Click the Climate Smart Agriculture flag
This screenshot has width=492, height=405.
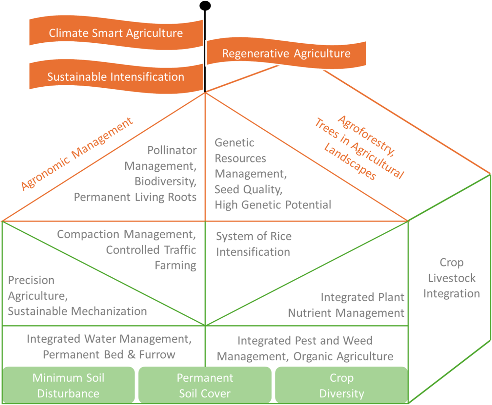point(116,33)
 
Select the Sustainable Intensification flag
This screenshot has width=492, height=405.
point(116,77)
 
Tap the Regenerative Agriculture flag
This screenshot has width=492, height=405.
point(286,53)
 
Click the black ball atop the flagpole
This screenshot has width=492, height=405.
point(205,6)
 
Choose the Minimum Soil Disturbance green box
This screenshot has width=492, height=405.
point(68,385)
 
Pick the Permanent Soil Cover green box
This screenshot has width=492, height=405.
point(205,385)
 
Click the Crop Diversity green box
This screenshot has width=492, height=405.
point(341,385)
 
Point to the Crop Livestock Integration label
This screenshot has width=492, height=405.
point(452,278)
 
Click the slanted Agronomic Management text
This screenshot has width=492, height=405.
point(77,154)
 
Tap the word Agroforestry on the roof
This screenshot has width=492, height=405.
point(366,135)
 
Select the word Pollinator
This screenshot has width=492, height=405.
point(172,150)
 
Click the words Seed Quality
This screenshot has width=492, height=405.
point(248,189)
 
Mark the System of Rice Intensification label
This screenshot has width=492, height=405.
point(254,244)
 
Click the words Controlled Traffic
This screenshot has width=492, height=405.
point(151,250)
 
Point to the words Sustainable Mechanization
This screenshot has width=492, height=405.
point(77,311)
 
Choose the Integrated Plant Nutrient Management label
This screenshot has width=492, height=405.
point(346,305)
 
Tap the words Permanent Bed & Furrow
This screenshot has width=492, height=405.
point(109,355)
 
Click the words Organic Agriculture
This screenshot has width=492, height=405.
point(343,356)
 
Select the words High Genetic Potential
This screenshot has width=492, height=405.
point(273,205)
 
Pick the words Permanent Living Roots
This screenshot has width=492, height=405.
point(135,197)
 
